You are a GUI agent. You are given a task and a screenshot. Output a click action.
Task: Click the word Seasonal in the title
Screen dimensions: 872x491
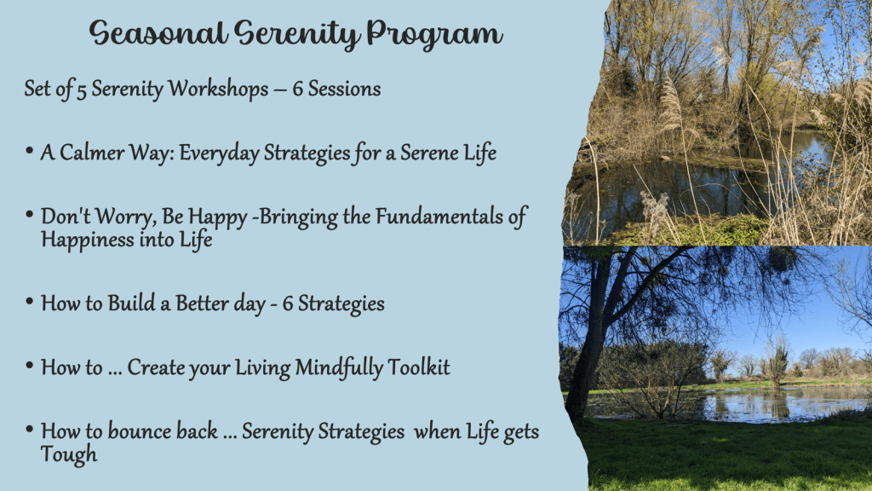click(x=158, y=32)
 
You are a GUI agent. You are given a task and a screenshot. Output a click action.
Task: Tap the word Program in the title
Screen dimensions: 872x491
click(x=434, y=34)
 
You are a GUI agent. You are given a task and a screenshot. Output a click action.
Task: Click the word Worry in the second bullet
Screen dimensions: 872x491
click(x=124, y=217)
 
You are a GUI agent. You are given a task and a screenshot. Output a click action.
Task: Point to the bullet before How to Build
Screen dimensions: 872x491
click(x=30, y=301)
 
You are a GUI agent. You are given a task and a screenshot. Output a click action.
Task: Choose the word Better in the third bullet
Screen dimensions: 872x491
click(x=201, y=303)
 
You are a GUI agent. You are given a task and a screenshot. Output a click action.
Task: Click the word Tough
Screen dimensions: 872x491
click(x=69, y=454)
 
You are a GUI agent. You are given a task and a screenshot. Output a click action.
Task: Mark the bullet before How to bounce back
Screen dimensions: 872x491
click(x=30, y=429)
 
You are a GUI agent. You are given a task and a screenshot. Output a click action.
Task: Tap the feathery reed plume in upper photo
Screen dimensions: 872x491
click(x=669, y=103)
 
